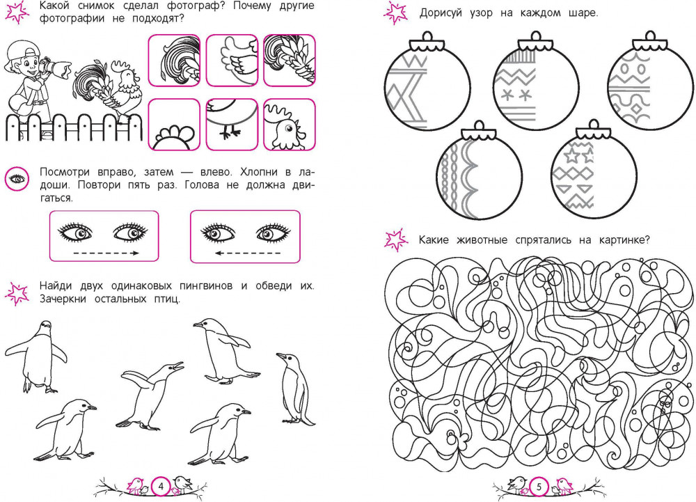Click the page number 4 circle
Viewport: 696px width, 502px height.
point(161,487)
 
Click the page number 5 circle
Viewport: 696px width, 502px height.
point(539,487)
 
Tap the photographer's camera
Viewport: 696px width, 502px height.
point(56,68)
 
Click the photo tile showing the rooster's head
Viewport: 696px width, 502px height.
point(290,125)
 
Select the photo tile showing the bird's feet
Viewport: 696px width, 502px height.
point(232,125)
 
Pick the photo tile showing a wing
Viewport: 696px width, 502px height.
point(232,61)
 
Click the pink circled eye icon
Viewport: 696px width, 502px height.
point(17,180)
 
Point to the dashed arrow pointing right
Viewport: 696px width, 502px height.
point(106,253)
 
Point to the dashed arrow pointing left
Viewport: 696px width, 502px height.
point(247,253)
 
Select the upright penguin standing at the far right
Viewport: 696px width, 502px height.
point(295,388)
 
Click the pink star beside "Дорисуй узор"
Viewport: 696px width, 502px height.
point(395,13)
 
